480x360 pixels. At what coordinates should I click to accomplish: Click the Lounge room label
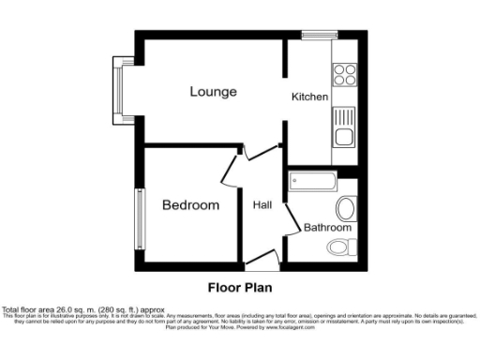pyautogui.click(x=213, y=92)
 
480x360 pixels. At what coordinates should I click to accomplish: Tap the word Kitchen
pyautogui.click(x=308, y=97)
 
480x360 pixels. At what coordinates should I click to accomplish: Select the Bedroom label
pyautogui.click(x=190, y=205)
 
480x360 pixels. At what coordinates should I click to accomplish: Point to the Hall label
pyautogui.click(x=262, y=205)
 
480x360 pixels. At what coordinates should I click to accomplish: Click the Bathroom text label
pyautogui.click(x=327, y=228)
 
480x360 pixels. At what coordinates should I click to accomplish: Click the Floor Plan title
pyautogui.click(x=239, y=287)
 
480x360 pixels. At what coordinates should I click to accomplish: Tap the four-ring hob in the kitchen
pyautogui.click(x=343, y=74)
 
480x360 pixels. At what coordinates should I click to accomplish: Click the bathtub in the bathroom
pyautogui.click(x=312, y=181)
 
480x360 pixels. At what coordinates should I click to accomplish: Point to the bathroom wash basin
pyautogui.click(x=344, y=207)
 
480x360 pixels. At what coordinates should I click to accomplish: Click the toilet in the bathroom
pyautogui.click(x=341, y=246)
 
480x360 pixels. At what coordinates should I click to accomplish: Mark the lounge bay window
pyautogui.click(x=119, y=90)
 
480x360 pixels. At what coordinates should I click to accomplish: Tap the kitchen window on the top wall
pyautogui.click(x=319, y=36)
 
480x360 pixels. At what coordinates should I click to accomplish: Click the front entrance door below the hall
pyautogui.click(x=262, y=260)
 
